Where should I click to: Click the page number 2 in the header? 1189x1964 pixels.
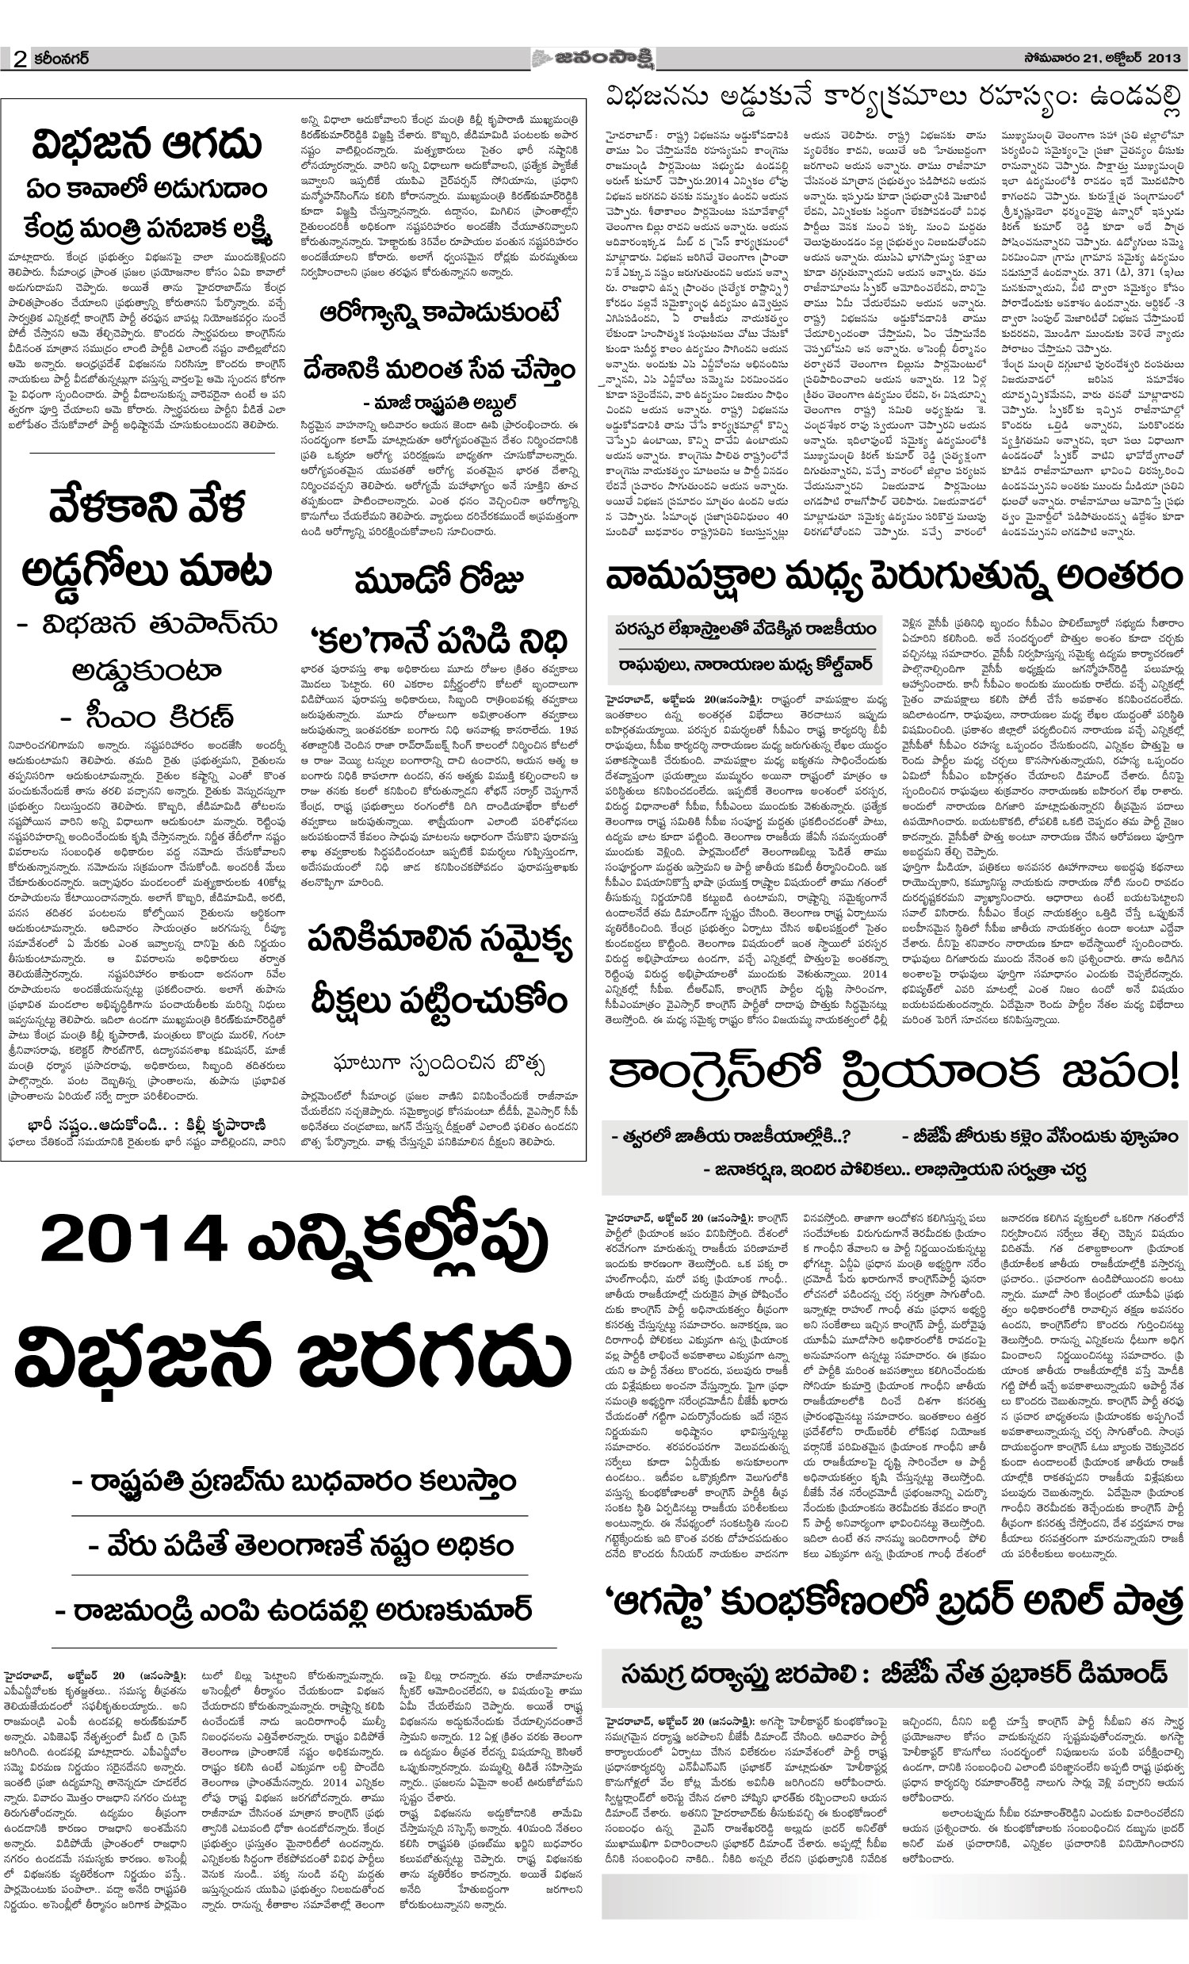coord(20,60)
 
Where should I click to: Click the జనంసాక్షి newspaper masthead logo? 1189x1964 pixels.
coord(594,59)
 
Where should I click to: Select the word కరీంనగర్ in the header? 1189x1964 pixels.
coord(62,59)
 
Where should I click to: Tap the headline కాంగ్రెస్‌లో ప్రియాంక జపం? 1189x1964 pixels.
coord(893,1073)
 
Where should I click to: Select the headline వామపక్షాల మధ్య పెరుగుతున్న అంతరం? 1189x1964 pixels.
coord(893,577)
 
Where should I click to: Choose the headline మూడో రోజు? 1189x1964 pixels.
coord(439,583)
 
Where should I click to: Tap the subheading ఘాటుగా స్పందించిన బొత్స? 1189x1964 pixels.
coord(439,1062)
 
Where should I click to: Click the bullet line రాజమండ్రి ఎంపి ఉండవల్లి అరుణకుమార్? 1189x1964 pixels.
coord(293,1610)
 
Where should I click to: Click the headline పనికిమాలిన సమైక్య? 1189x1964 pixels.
coord(439,941)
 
